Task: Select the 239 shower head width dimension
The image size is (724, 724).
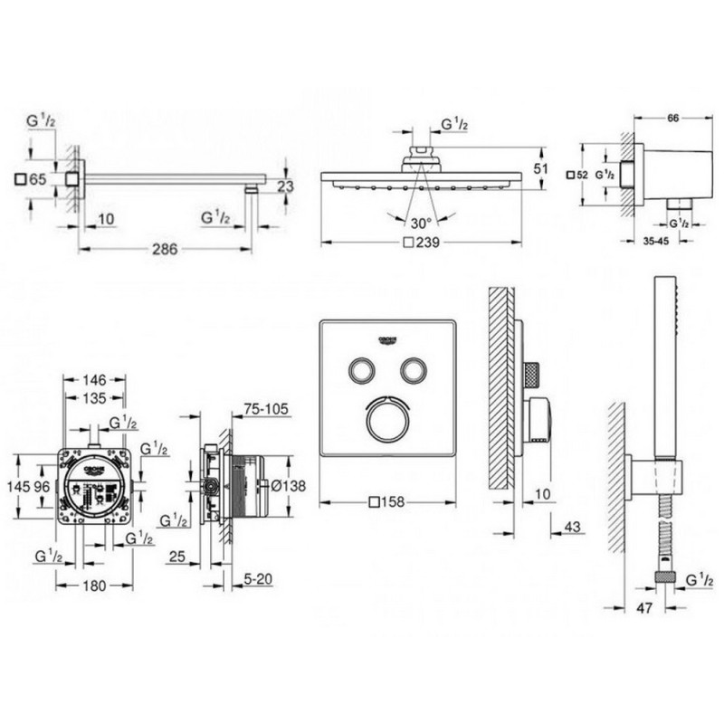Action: tap(424, 243)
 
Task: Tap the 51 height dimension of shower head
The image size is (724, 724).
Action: tap(540, 168)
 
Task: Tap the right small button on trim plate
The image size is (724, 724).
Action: tap(414, 370)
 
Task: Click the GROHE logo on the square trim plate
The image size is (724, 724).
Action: tap(388, 340)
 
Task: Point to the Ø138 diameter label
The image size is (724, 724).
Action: tap(289, 486)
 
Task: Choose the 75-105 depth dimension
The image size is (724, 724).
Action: tap(266, 409)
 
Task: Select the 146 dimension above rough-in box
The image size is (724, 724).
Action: tap(95, 379)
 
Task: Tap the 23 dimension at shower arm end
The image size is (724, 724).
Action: tap(286, 187)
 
